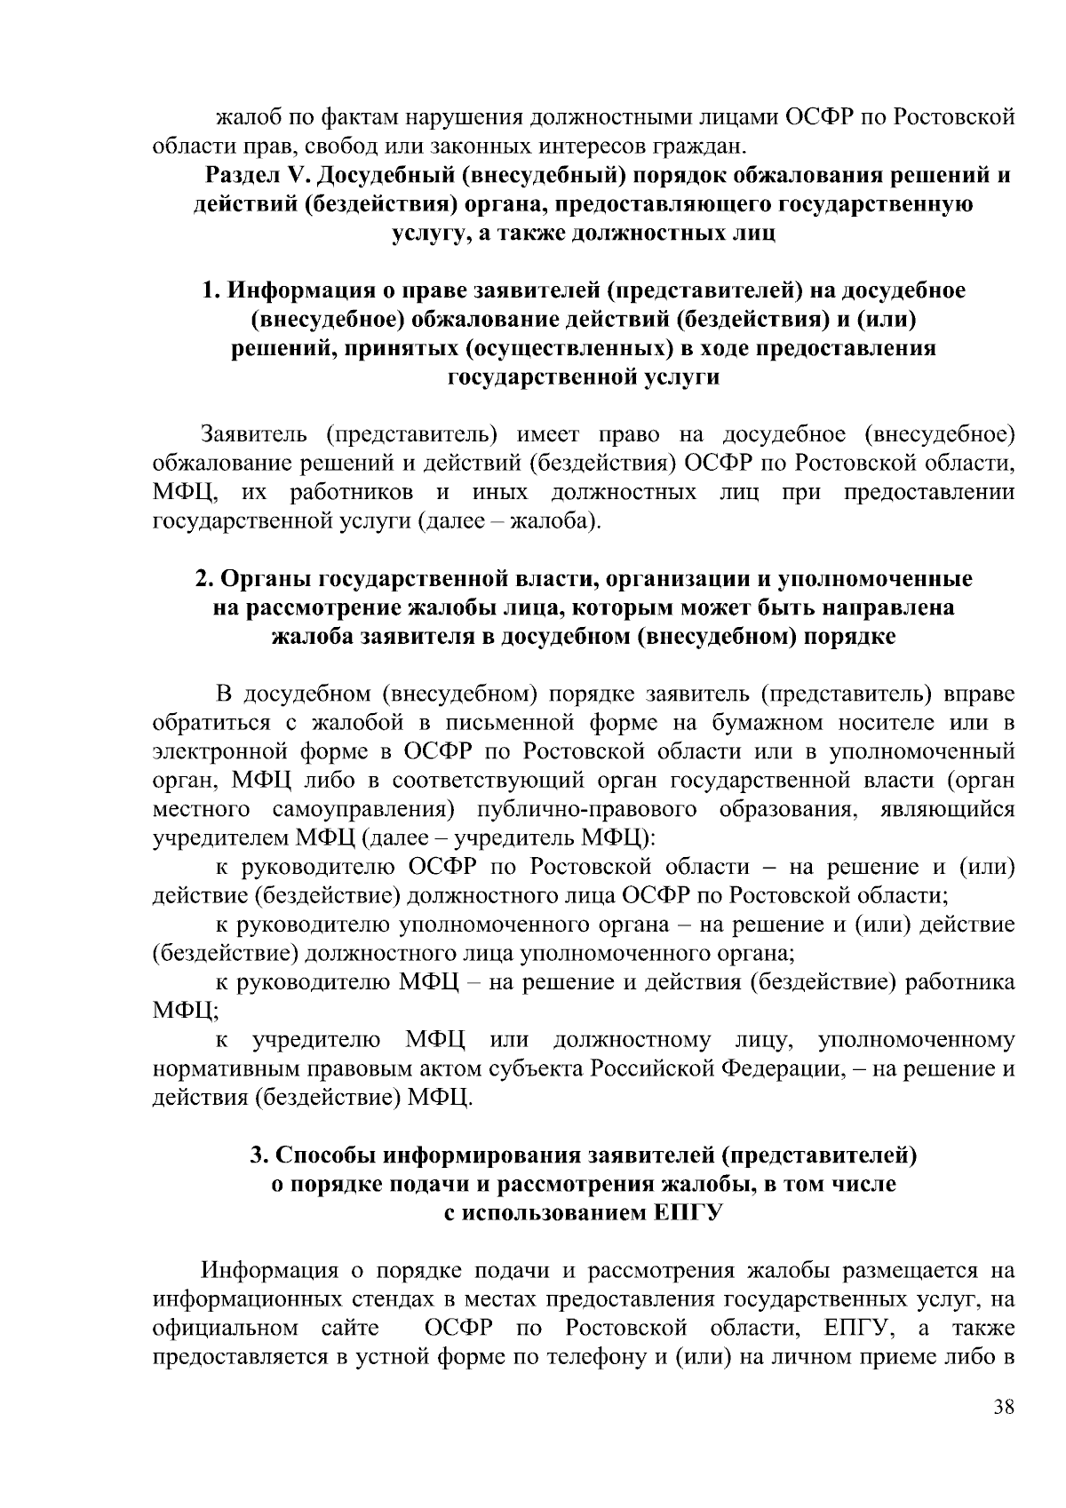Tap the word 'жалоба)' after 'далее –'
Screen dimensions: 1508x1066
pyautogui.click(x=557, y=520)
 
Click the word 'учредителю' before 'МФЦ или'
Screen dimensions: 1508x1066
pyautogui.click(x=317, y=1039)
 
